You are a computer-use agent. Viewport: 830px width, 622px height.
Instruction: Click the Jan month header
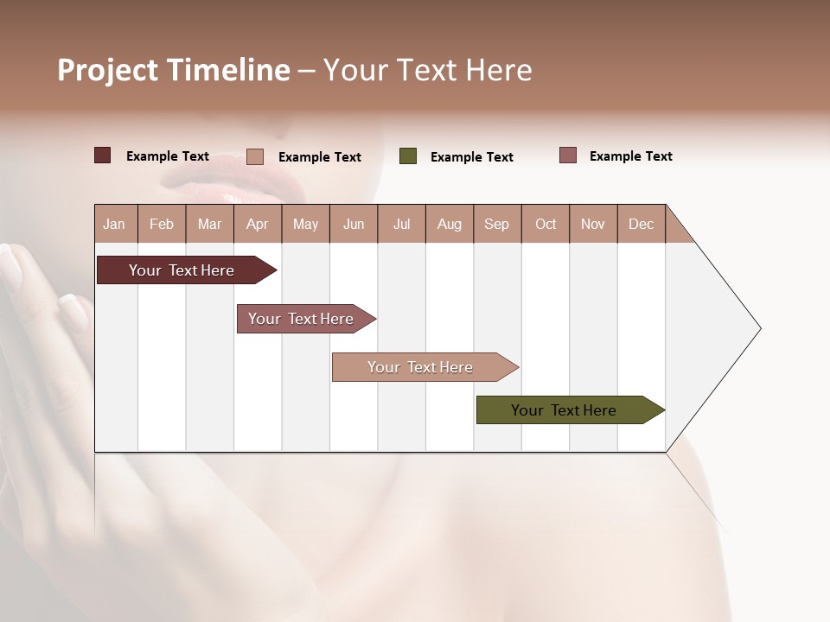(115, 224)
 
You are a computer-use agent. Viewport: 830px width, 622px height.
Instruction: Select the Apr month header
(258, 224)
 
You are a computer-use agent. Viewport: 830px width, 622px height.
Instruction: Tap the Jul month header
(401, 224)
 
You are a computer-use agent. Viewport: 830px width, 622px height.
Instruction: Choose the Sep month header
(497, 224)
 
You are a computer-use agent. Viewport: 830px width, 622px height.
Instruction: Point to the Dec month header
(641, 224)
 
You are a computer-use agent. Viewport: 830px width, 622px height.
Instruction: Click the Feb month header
(162, 224)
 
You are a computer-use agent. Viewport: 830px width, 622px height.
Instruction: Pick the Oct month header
(546, 224)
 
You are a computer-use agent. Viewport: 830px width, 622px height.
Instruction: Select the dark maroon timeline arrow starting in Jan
(182, 270)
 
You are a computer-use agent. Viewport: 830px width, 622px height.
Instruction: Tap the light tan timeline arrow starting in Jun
(421, 367)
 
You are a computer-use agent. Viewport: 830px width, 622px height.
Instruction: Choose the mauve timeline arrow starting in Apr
(302, 319)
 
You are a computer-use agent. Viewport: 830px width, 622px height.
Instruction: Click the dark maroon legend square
(103, 155)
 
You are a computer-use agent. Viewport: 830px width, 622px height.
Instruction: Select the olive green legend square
(408, 156)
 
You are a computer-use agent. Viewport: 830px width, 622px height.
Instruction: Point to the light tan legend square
(255, 156)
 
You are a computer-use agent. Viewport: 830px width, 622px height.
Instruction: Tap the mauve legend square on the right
(568, 155)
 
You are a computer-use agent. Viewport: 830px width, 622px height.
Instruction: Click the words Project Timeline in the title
(174, 70)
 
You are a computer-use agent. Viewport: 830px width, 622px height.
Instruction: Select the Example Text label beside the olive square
(471, 157)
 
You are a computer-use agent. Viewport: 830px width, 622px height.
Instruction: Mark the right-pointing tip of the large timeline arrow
(758, 328)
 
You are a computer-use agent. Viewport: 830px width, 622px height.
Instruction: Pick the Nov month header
(593, 224)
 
